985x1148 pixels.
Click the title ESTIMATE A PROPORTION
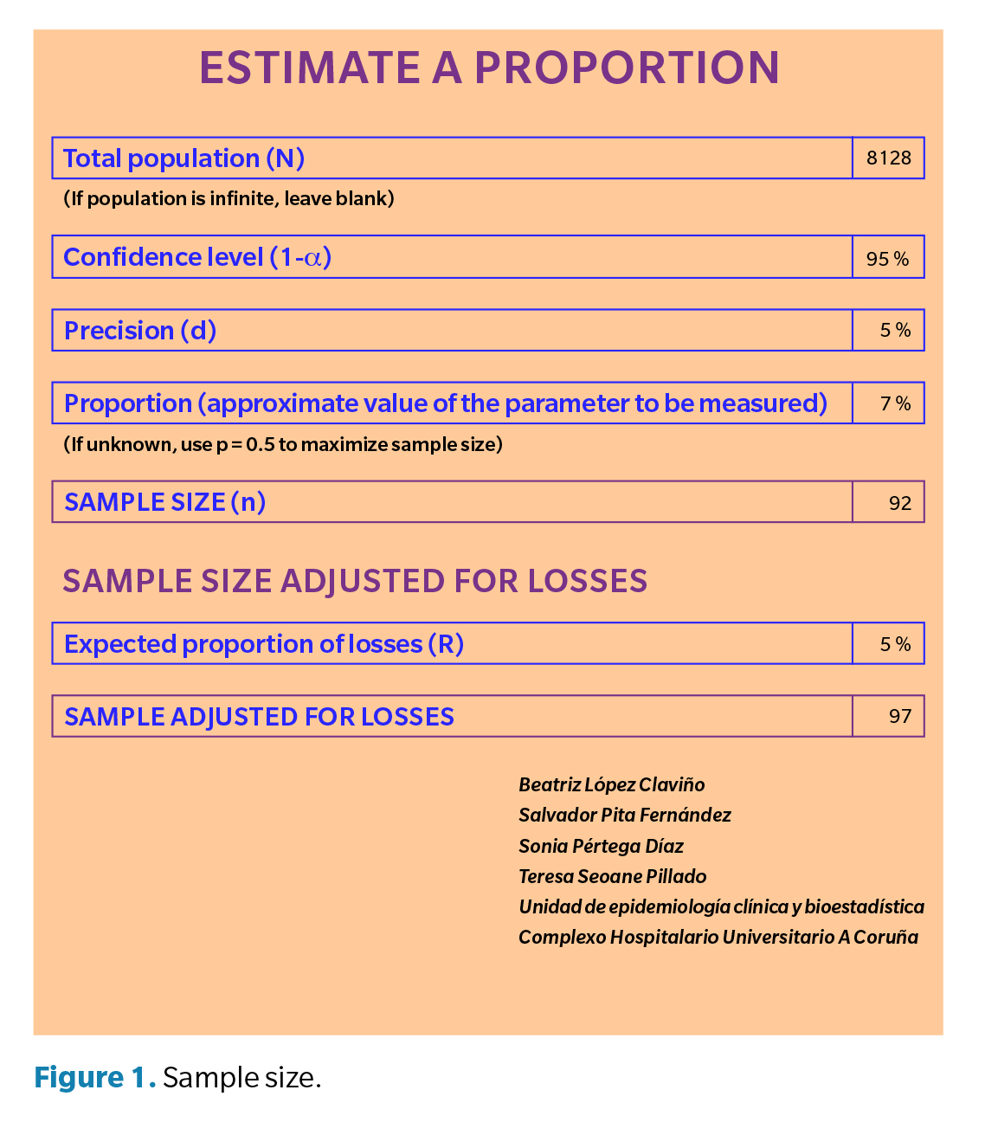489,68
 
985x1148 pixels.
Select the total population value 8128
888,158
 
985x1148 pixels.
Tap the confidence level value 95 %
888,258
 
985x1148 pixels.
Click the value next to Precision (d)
894,330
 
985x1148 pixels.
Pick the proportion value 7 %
894,403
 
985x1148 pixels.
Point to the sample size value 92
899,503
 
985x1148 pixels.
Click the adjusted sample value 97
899,717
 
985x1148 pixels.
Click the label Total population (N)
183,158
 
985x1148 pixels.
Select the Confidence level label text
197,257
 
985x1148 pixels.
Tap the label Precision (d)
140,331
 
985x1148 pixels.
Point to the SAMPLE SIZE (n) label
164,502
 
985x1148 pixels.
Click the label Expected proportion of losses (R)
264,644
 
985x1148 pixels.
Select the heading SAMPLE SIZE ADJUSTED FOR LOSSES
355,581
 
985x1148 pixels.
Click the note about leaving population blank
229,199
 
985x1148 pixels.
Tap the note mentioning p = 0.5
282,445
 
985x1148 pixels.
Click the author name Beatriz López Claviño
611,785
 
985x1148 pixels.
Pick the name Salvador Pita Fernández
624,816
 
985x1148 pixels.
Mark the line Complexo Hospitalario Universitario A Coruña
718,938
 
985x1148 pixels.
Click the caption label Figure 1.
94,1078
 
